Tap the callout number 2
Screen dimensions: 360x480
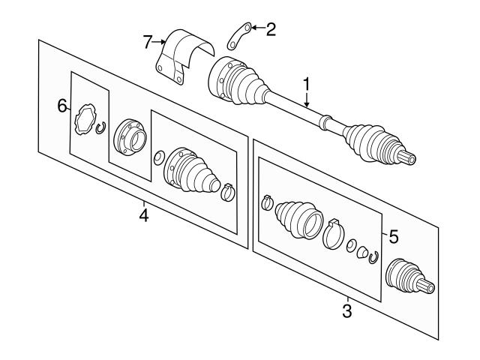[271, 29]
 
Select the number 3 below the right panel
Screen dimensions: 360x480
[347, 310]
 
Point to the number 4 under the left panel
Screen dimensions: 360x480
[143, 216]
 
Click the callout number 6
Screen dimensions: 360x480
[62, 106]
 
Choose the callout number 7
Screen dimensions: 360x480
[148, 40]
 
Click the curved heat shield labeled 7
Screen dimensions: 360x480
[184, 52]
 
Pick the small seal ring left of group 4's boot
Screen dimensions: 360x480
[158, 157]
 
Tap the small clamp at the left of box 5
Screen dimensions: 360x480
[265, 202]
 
